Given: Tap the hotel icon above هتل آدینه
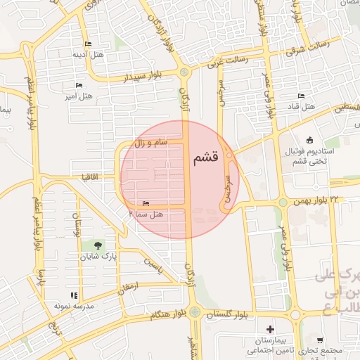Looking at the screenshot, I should click(88, 44).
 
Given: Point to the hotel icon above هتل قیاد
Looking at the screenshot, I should click(301, 96).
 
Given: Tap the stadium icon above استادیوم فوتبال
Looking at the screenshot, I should click(311, 139).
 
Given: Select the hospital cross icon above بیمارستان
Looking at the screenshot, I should click(270, 328).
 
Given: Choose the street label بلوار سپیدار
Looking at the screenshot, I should click(143, 76).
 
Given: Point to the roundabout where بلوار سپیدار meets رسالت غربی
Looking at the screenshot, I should click(184, 72).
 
